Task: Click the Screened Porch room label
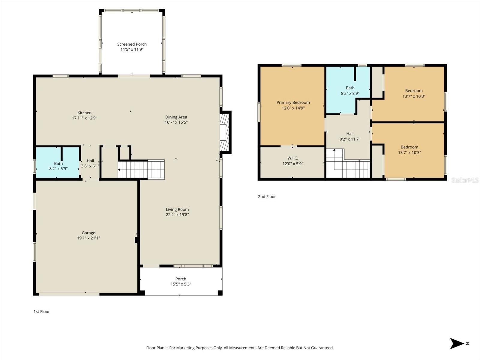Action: click(x=132, y=44)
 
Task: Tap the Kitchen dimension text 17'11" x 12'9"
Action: click(x=84, y=118)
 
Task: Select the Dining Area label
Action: click(x=176, y=117)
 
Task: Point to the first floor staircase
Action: click(x=141, y=170)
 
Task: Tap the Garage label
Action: click(x=88, y=233)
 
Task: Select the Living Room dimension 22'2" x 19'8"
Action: click(x=177, y=215)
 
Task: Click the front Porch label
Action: click(x=181, y=279)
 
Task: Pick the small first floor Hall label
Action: click(x=90, y=161)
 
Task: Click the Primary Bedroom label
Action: click(x=293, y=103)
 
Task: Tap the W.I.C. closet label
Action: click(x=292, y=158)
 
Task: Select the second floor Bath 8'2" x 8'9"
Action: click(x=350, y=91)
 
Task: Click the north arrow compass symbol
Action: click(x=457, y=343)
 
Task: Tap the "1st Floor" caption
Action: click(x=42, y=312)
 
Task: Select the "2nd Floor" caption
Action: click(x=267, y=197)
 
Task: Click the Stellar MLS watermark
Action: click(x=465, y=180)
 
